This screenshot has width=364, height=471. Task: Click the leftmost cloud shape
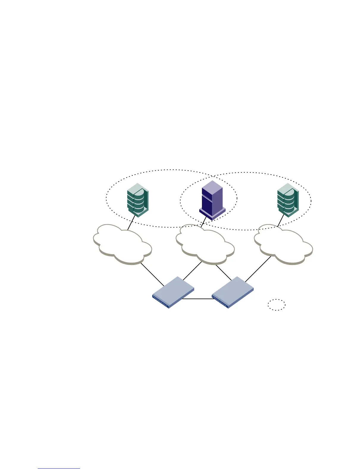click(x=122, y=244)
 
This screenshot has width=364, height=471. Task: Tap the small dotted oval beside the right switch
click(x=277, y=304)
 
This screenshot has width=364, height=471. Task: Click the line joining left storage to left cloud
click(x=131, y=223)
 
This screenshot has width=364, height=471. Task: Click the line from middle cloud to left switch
click(x=192, y=271)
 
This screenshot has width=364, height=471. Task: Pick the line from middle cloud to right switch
click(x=223, y=272)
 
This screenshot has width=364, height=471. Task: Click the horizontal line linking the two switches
click(x=198, y=299)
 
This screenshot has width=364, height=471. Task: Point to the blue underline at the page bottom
click(x=59, y=468)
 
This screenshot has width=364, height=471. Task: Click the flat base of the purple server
click(x=212, y=213)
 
